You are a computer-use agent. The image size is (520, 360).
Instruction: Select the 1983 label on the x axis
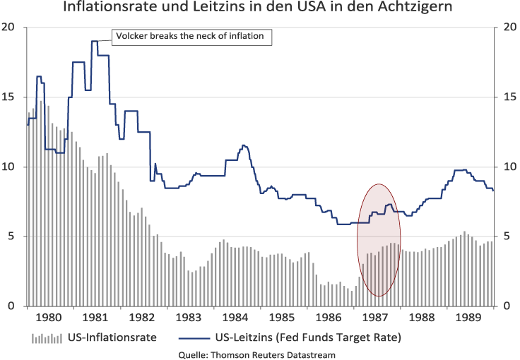coord(189,316)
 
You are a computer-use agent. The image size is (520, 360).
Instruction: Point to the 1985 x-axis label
coord(283,316)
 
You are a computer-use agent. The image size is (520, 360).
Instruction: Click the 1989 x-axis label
coord(469,316)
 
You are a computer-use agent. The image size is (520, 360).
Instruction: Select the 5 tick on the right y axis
coord(505,236)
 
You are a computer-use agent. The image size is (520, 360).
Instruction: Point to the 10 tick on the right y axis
coord(507,167)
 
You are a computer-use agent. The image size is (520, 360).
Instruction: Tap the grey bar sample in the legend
coord(47,338)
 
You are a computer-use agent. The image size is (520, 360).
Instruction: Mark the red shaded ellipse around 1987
coord(379,240)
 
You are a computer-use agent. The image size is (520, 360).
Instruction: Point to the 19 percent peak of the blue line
coord(94,42)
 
